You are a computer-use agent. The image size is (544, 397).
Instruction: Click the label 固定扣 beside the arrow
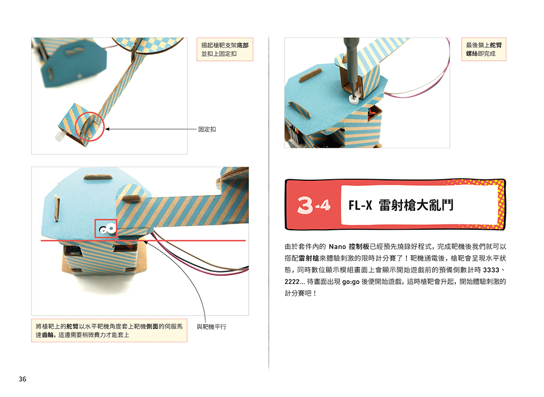click(207, 129)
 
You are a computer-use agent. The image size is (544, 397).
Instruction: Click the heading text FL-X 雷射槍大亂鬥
click(400, 206)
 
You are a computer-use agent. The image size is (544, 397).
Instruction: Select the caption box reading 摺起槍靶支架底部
click(225, 49)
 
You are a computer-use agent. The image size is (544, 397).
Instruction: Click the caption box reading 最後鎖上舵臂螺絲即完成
click(484, 49)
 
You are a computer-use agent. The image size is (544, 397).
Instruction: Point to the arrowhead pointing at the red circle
click(107, 129)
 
